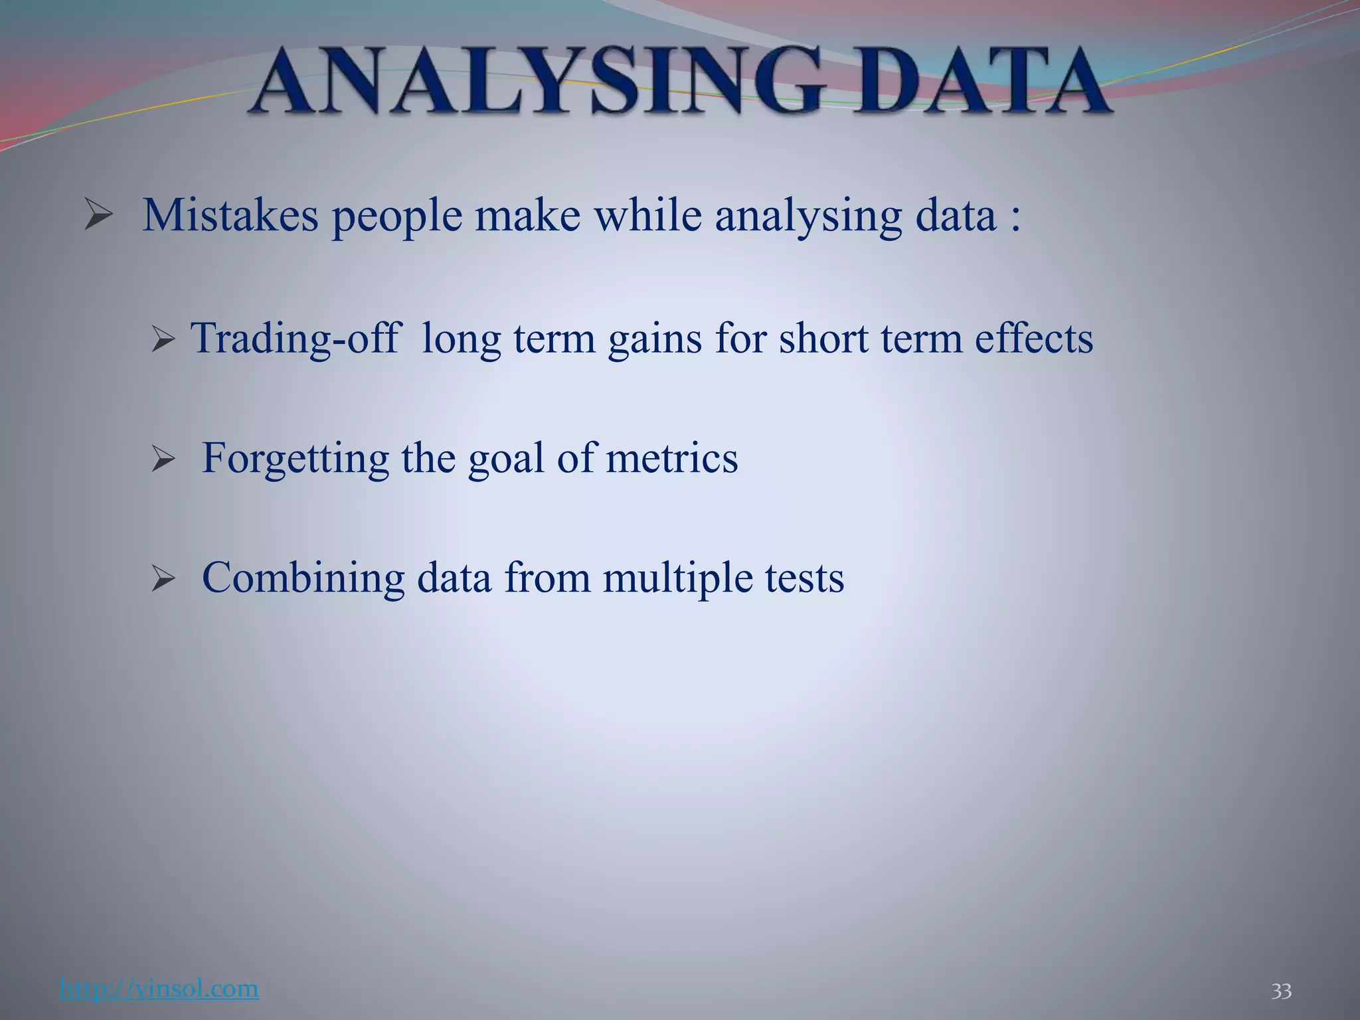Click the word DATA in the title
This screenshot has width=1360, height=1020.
click(x=980, y=83)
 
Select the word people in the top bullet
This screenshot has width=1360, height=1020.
click(x=396, y=218)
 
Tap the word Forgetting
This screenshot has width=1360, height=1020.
click(x=295, y=460)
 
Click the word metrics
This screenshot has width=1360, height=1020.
click(x=671, y=458)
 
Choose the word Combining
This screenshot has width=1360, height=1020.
click(x=303, y=578)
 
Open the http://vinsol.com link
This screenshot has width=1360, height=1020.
click(x=159, y=988)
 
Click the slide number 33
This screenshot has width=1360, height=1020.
click(x=1281, y=991)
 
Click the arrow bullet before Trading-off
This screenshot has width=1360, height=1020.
click(x=163, y=340)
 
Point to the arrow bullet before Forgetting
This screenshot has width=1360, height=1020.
click(x=163, y=460)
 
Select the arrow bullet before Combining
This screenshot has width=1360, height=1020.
click(x=163, y=578)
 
